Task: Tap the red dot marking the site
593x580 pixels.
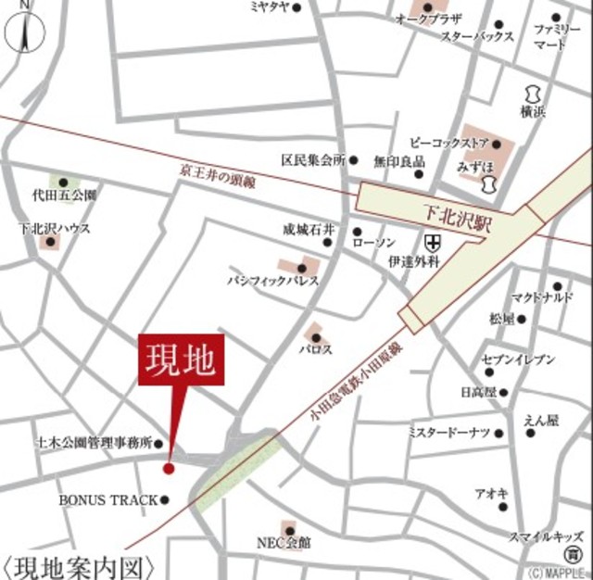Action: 169,469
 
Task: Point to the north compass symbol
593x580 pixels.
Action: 25,32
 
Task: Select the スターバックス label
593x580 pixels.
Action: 476,37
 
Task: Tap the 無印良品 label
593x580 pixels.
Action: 399,161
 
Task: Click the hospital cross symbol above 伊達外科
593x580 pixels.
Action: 433,243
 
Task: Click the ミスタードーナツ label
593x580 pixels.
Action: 449,432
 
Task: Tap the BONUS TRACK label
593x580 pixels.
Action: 108,500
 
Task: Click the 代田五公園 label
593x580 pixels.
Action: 63,195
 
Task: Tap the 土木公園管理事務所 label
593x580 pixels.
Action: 94,443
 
